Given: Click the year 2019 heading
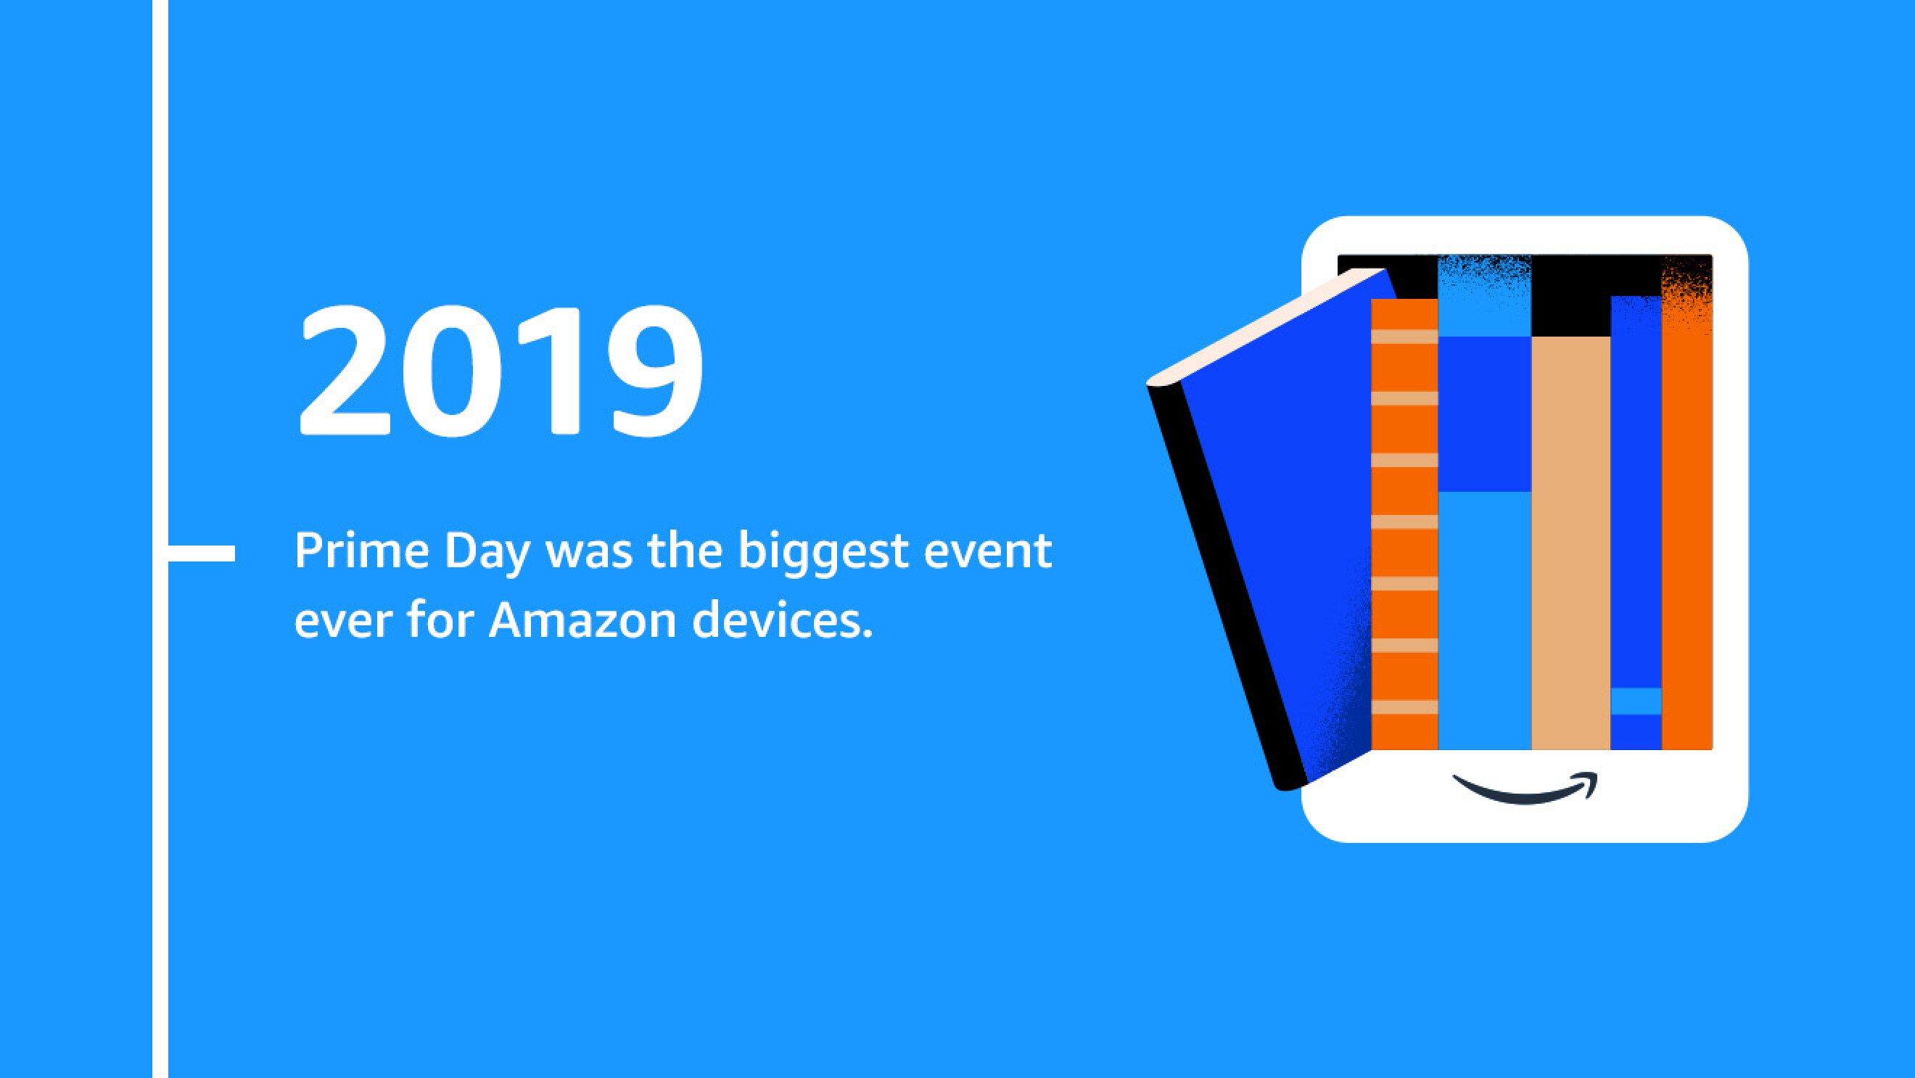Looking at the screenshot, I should click(501, 371).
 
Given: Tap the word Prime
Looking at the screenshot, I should click(362, 551).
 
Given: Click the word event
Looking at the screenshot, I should click(988, 551).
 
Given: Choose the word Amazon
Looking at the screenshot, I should click(582, 621).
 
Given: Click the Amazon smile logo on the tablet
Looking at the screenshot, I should click(1525, 788).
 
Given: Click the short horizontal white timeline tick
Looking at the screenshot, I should click(202, 554).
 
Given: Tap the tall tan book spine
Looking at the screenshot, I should click(1570, 543).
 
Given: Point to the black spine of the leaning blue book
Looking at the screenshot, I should click(1227, 588).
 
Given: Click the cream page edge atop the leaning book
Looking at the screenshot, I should click(1264, 327).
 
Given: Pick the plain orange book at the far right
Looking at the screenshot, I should click(1687, 535).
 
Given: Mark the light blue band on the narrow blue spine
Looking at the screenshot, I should click(1636, 701).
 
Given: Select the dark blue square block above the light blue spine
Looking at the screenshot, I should click(1485, 414).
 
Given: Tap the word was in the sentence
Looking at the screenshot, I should click(589, 552).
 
